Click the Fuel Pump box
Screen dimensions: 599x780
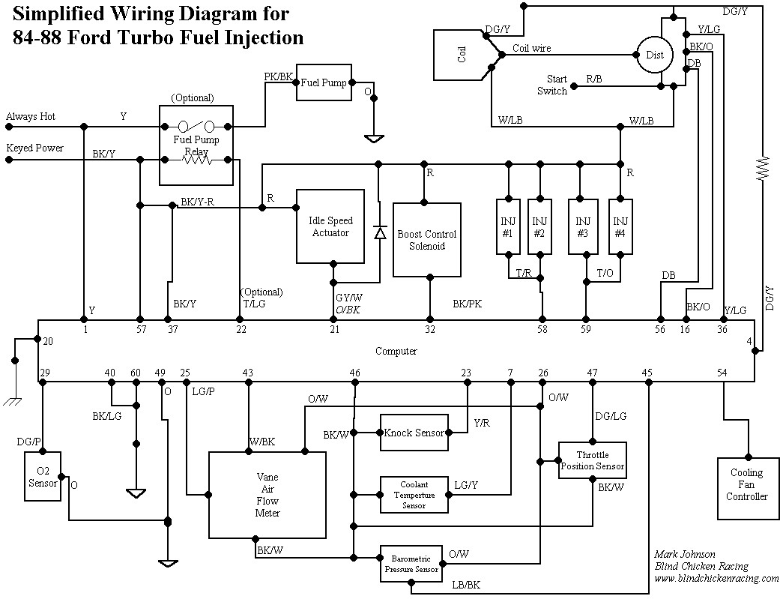pyautogui.click(x=324, y=82)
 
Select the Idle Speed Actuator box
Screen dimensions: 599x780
pyautogui.click(x=330, y=226)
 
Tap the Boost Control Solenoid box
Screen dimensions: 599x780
pyautogui.click(x=426, y=240)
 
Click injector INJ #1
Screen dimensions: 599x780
pyautogui.click(x=507, y=226)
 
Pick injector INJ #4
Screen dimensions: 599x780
pyautogui.click(x=620, y=226)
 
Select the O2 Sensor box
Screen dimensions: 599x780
pyautogui.click(x=43, y=478)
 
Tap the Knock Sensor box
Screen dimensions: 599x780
pyautogui.click(x=414, y=433)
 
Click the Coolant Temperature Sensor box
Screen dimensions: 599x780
pyautogui.click(x=414, y=495)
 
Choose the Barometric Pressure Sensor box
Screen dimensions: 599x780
pyautogui.click(x=411, y=565)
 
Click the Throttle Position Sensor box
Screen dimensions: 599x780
pyautogui.click(x=592, y=460)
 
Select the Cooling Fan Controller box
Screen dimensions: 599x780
pyautogui.click(x=746, y=484)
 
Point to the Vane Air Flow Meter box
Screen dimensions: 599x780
pyautogui.click(x=267, y=495)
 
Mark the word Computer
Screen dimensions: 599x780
pyautogui.click(x=396, y=351)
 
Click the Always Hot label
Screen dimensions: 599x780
pyautogui.click(x=31, y=117)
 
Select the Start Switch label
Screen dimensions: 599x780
pyautogui.click(x=552, y=85)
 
